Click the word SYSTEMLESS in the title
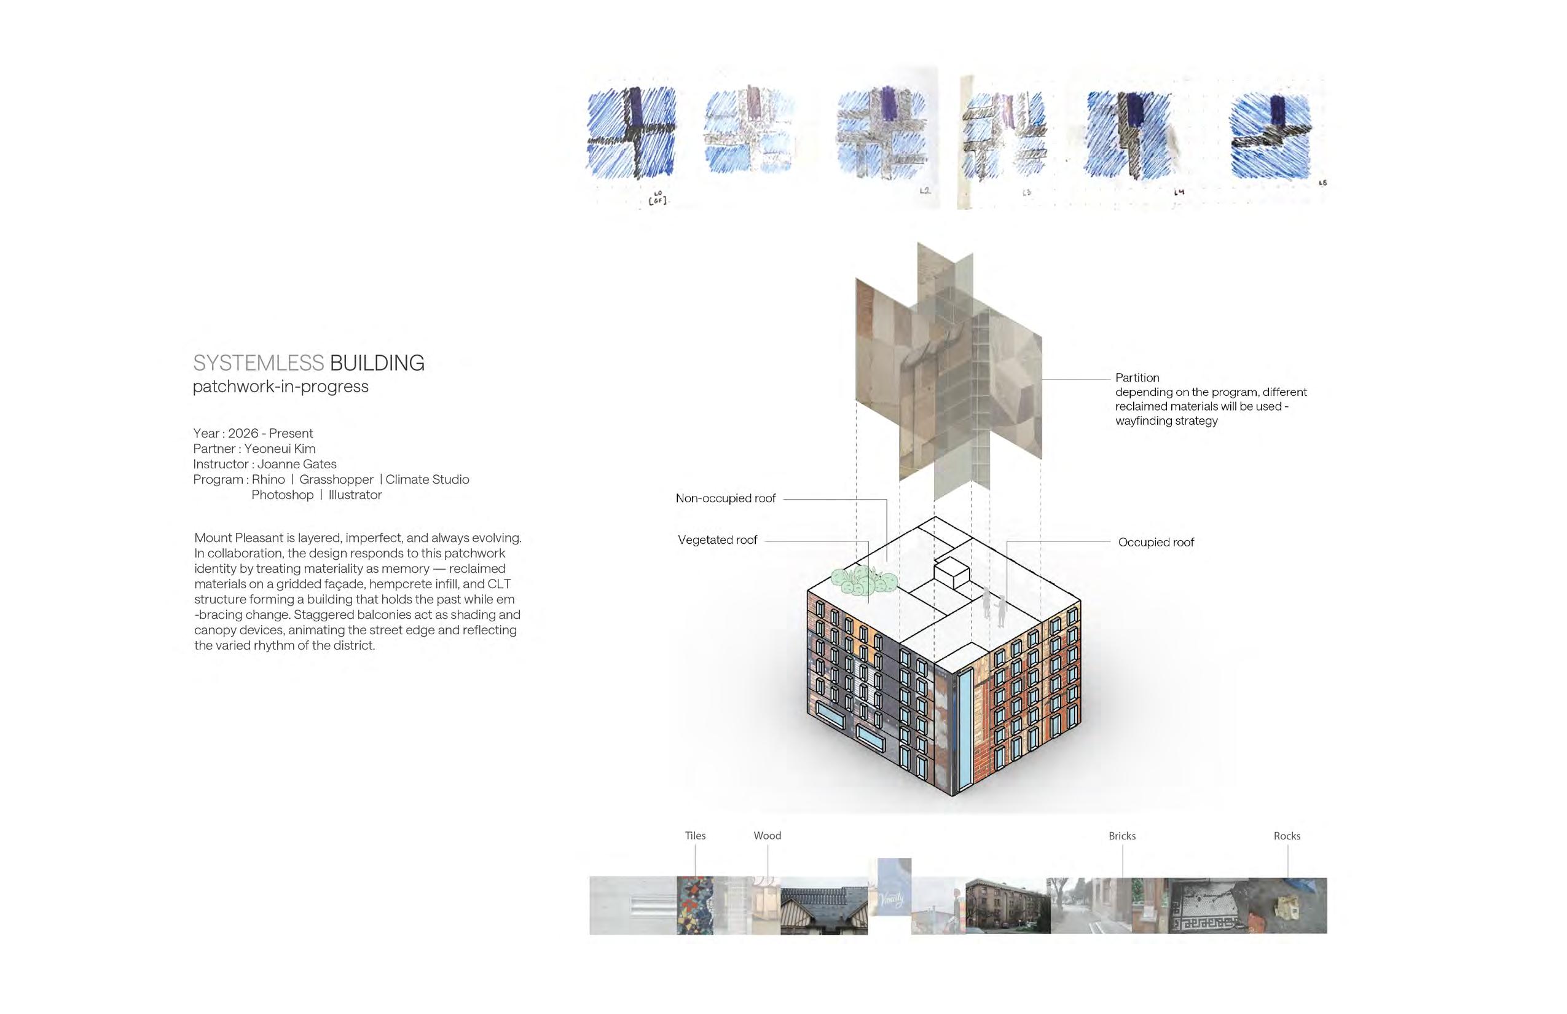point(258,363)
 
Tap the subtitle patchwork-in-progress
point(280,387)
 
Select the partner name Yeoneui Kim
point(280,449)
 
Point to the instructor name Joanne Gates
point(296,464)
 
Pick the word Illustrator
point(355,495)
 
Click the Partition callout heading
point(1137,378)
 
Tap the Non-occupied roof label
point(726,498)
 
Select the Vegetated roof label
point(717,540)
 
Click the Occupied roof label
point(1155,543)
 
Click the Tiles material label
point(694,836)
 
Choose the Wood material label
point(767,836)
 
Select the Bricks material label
point(1122,836)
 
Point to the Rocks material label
point(1287,836)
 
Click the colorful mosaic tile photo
point(694,905)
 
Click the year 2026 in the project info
point(243,433)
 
